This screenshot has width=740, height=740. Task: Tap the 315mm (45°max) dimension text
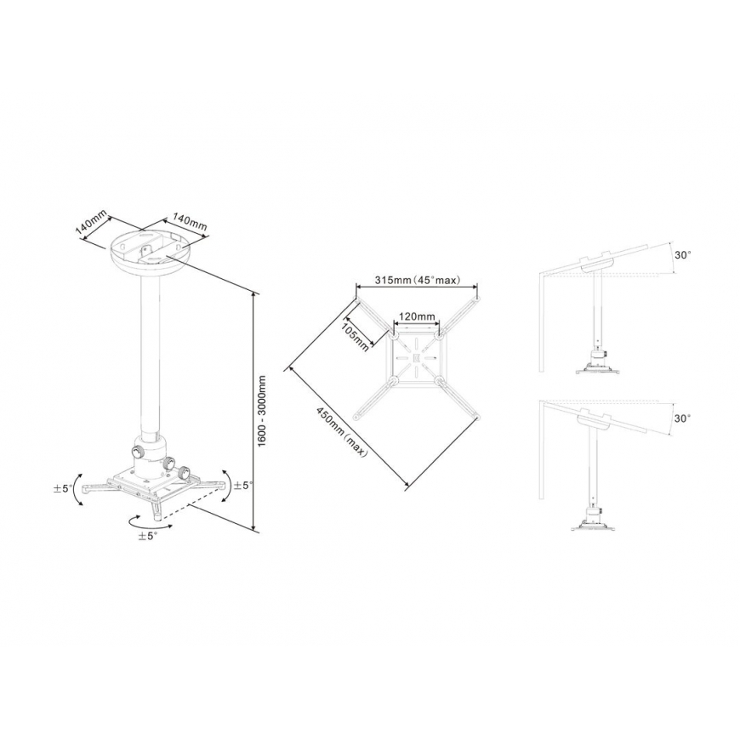(x=417, y=280)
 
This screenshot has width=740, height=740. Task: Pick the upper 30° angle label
(x=682, y=255)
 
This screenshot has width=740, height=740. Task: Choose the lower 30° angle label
(x=682, y=418)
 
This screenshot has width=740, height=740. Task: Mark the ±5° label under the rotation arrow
(x=148, y=536)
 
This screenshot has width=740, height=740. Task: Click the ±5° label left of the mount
(x=63, y=488)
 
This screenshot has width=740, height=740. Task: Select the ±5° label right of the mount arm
(x=244, y=485)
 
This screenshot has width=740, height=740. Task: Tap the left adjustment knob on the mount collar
(x=139, y=451)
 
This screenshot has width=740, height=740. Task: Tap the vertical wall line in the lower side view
(x=542, y=450)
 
